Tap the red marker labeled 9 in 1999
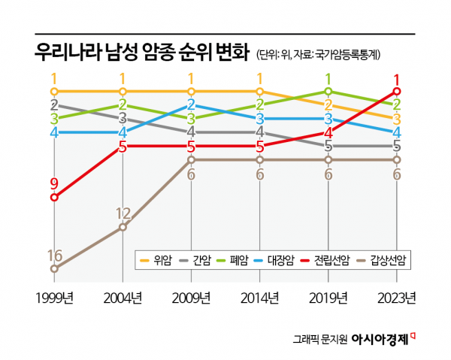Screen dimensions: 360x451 pyautogui.click(x=54, y=198)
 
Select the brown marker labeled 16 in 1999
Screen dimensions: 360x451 pyautogui.click(x=54, y=268)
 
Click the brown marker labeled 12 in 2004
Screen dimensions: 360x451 pyautogui.click(x=123, y=225)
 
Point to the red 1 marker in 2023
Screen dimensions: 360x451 pyautogui.click(x=397, y=91)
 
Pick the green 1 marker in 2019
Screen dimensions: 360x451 pyautogui.click(x=328, y=91)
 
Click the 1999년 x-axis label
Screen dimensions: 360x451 pyautogui.click(x=54, y=299)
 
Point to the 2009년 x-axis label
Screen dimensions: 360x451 pyautogui.click(x=191, y=299)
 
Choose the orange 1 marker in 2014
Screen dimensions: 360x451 pyautogui.click(x=260, y=91)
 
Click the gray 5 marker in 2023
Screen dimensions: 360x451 pyautogui.click(x=397, y=146)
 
